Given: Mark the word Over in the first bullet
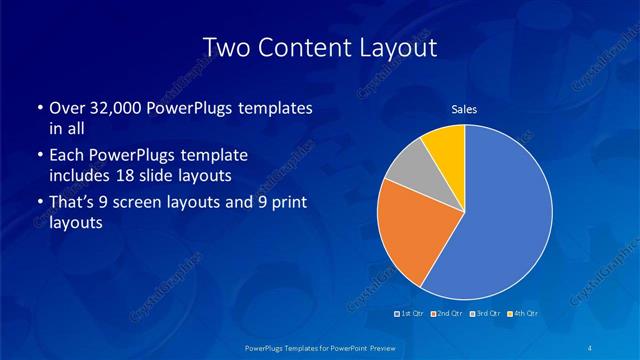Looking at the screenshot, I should coord(65,108).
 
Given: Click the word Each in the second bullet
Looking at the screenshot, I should coord(65,156).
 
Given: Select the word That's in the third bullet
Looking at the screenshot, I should coord(73,204).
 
